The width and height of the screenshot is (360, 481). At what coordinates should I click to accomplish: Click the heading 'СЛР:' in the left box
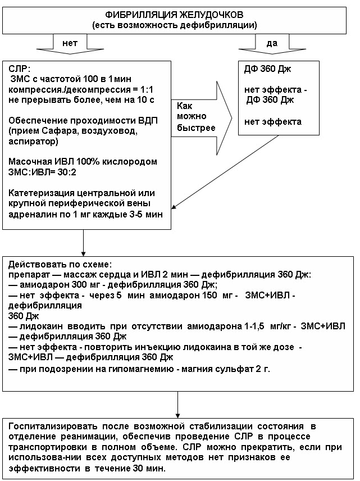[20, 69]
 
